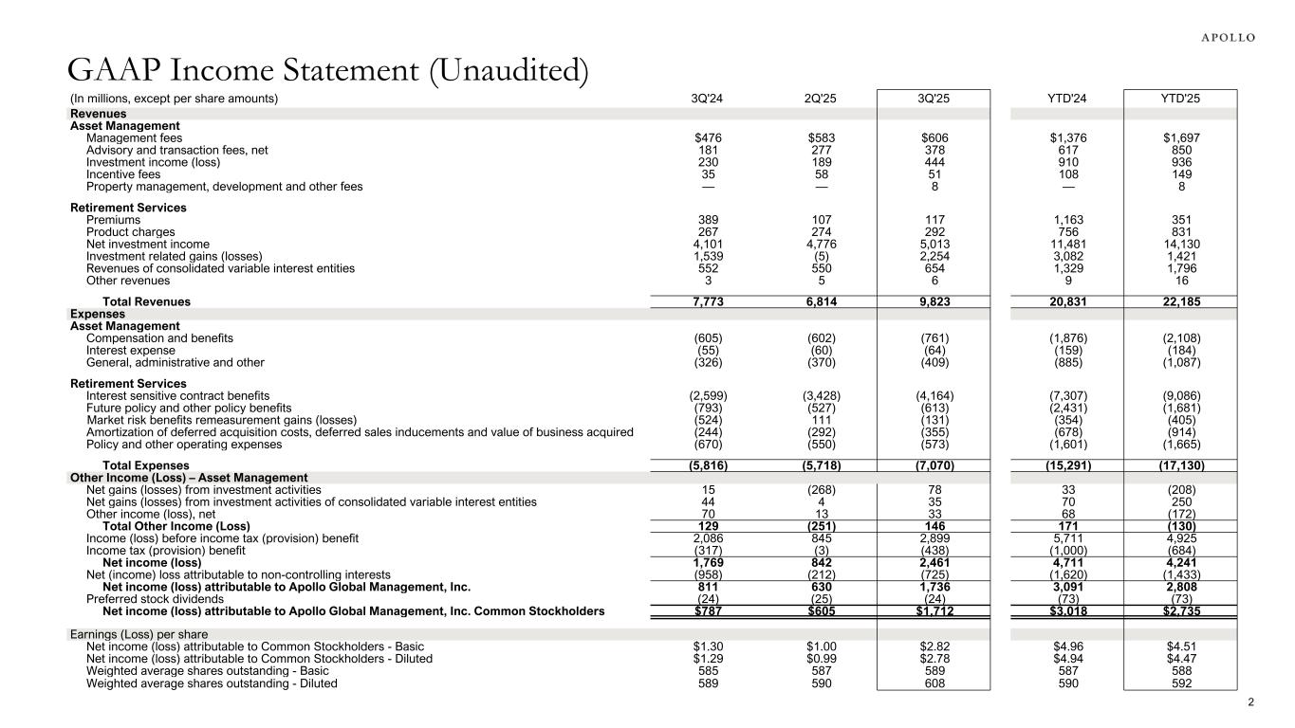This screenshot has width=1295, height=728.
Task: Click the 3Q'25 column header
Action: coord(934,98)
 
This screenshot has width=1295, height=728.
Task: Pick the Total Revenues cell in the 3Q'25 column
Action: coord(934,301)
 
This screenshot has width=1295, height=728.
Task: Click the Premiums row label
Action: coord(113,219)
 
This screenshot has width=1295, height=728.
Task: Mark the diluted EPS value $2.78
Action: coord(934,658)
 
